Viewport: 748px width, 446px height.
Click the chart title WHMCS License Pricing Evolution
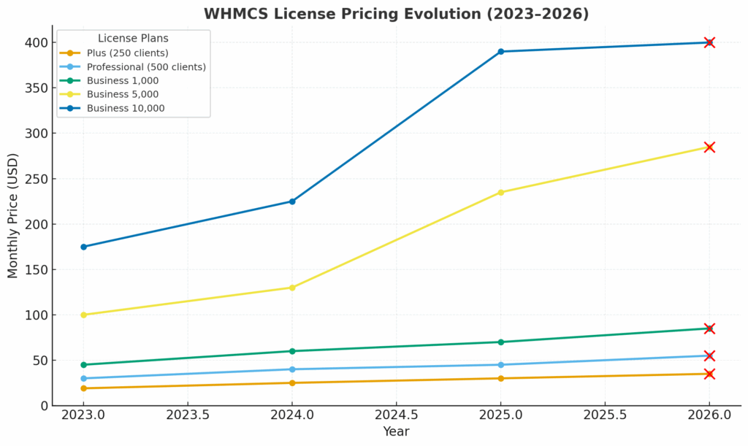396,14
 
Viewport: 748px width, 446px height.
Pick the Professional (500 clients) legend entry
145,66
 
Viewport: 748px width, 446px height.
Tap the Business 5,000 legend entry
122,94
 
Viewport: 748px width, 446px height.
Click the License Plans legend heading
133,38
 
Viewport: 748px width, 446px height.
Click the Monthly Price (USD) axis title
13,215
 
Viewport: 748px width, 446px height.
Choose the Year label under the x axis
396,432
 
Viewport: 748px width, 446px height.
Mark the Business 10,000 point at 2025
500,52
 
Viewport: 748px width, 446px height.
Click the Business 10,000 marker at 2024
292,201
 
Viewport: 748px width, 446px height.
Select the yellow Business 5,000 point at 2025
500,193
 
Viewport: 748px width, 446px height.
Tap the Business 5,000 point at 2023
83,315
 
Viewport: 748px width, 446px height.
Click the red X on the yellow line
709,147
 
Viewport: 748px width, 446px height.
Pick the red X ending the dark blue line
709,42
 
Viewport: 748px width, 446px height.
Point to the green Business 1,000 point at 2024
292,351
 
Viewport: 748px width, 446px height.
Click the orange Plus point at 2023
83,388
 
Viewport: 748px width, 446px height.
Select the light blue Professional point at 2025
500,365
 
